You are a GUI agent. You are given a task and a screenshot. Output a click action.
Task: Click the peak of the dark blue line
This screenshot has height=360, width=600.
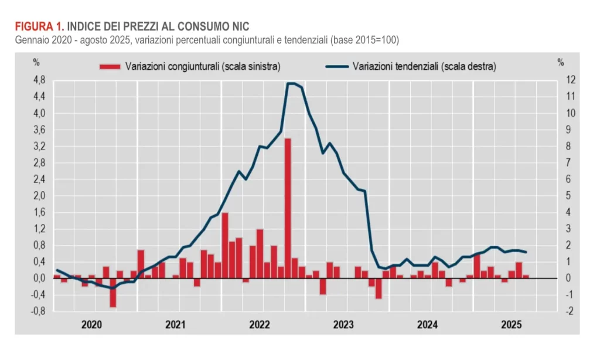(291, 83)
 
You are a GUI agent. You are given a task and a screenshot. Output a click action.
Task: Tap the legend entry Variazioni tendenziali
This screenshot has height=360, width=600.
(424, 66)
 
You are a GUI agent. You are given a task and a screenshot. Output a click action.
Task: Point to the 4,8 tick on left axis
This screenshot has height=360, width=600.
(39, 80)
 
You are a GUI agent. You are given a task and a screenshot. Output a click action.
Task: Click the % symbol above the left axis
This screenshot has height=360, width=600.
(36, 61)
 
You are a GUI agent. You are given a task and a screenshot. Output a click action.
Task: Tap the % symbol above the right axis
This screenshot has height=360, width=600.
(561, 61)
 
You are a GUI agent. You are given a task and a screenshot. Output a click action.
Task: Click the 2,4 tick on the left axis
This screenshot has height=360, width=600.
(39, 179)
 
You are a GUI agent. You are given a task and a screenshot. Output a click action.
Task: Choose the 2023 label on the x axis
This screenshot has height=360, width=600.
(343, 324)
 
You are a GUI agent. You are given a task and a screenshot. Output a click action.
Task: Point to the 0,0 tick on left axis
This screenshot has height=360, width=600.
(39, 278)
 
